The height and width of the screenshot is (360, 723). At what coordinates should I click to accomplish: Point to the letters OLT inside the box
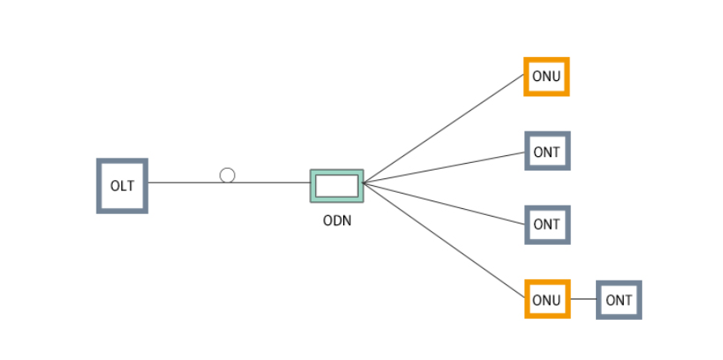[x=122, y=186]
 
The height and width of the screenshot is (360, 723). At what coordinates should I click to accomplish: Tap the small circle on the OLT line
[x=227, y=175]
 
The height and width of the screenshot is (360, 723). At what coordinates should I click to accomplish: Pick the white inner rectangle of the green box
[x=336, y=185]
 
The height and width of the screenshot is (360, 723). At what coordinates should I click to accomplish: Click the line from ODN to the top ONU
[x=444, y=128]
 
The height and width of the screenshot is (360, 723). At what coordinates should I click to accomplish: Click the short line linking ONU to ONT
[x=582, y=299]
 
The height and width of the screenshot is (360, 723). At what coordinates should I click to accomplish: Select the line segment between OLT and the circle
[x=184, y=182]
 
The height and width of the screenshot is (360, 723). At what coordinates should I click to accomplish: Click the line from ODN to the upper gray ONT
[x=444, y=167]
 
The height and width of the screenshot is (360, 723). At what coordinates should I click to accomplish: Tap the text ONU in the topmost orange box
[x=546, y=77]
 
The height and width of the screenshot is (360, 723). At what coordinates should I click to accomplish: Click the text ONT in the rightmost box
[x=619, y=300]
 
